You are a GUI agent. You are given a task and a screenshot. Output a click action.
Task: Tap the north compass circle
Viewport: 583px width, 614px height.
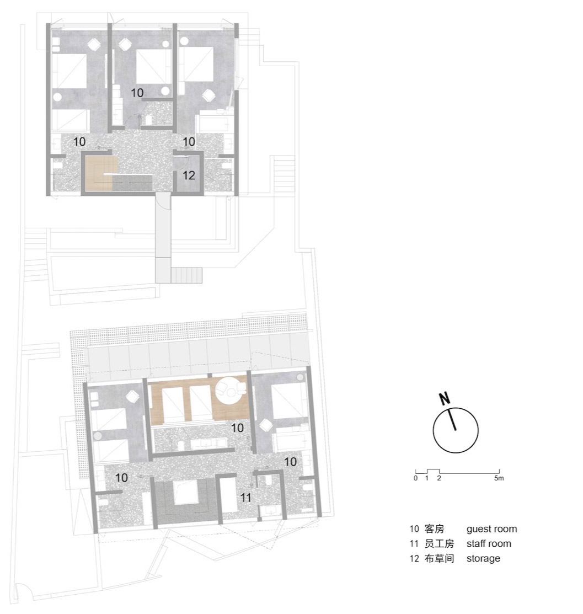click(x=456, y=431)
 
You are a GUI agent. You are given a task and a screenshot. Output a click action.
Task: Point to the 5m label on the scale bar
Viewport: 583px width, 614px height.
click(x=499, y=478)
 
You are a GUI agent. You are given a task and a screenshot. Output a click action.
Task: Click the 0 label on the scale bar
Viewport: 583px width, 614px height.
click(x=415, y=478)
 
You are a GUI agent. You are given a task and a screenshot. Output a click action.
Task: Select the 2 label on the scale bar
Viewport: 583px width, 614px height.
click(x=439, y=478)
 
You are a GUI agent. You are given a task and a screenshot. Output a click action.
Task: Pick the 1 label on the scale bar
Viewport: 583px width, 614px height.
click(x=427, y=478)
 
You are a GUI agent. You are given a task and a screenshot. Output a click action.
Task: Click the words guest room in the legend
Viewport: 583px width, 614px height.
click(x=491, y=529)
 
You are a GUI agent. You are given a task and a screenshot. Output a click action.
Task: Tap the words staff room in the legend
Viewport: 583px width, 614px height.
click(x=489, y=544)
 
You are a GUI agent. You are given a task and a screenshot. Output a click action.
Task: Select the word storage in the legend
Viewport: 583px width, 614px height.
click(x=483, y=558)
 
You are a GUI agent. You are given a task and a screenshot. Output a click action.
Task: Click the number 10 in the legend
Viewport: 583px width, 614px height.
click(x=415, y=529)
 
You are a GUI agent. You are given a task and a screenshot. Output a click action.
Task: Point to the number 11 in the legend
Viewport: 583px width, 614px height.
click(x=415, y=544)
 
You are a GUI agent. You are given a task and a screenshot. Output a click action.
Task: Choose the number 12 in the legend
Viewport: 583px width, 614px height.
click(x=415, y=558)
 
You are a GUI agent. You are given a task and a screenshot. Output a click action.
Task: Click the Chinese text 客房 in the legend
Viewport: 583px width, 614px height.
click(x=435, y=529)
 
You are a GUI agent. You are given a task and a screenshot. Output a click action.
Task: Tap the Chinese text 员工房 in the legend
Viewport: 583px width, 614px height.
click(x=439, y=544)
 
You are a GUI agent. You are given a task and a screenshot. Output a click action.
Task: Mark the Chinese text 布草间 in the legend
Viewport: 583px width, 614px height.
click(x=439, y=558)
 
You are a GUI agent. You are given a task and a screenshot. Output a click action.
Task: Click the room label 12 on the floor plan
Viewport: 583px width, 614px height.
click(x=189, y=176)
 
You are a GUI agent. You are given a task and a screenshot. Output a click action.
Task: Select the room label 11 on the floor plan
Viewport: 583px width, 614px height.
click(x=245, y=498)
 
